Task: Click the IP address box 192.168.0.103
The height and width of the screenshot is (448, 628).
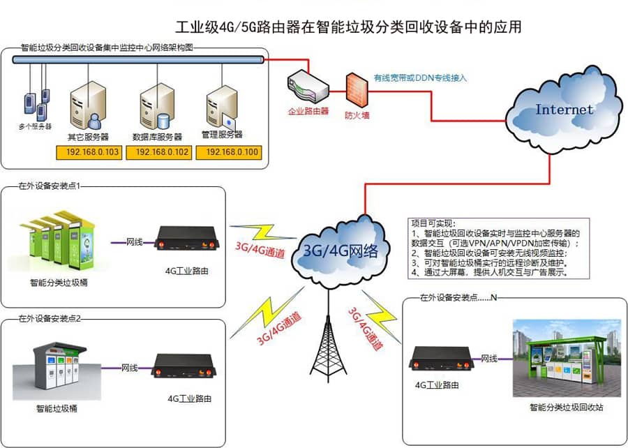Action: [92, 151]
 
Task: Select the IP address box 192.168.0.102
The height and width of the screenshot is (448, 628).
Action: [162, 151]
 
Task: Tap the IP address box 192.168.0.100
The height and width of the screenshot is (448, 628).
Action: [231, 151]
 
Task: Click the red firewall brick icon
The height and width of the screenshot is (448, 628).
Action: [356, 88]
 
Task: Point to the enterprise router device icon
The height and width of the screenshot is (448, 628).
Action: [308, 87]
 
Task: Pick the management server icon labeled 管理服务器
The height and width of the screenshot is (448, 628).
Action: [222, 108]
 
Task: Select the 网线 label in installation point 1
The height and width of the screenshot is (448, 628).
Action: [135, 241]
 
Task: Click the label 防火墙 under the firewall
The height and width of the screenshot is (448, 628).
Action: [356, 114]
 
